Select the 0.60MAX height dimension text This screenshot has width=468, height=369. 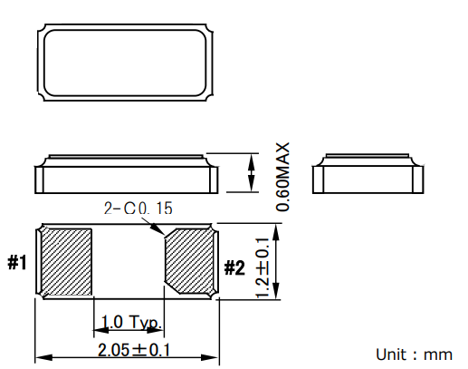point(282,177)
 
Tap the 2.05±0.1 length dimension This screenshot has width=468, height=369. point(127,350)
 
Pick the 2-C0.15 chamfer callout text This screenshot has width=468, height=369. point(138,209)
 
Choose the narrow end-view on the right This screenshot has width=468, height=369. point(368,174)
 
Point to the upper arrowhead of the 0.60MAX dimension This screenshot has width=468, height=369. point(251,160)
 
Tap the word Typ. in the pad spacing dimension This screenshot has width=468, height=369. point(144,323)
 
